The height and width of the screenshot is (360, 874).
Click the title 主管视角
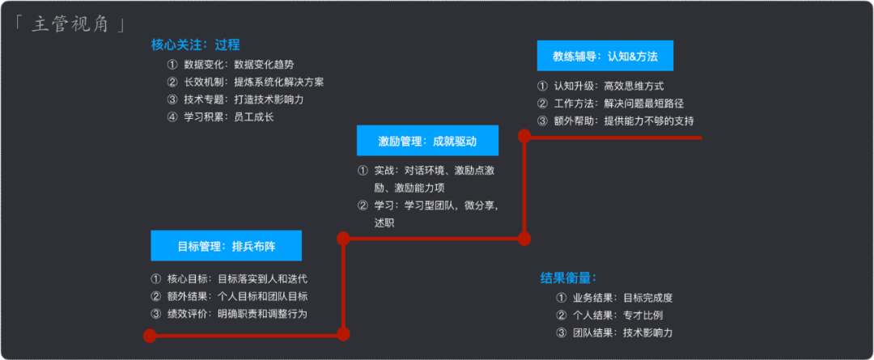coord(72,24)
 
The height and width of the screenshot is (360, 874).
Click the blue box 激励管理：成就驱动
coord(426,141)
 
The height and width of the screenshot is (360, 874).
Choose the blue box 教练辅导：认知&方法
coord(605,57)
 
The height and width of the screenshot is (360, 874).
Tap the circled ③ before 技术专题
coord(172,100)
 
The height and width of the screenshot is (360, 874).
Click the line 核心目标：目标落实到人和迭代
coord(229,279)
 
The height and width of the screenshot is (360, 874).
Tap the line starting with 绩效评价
coord(229,314)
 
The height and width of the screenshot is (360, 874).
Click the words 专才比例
coord(644,315)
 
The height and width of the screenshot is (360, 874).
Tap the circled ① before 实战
coord(363,171)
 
